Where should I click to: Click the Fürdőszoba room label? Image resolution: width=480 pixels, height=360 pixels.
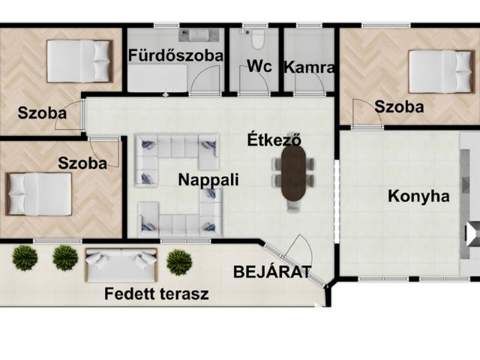point(175,55)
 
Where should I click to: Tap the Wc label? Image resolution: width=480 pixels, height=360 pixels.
point(259,66)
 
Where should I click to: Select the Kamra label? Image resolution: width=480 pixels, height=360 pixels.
point(309,67)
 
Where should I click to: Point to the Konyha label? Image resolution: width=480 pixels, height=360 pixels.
point(418,196)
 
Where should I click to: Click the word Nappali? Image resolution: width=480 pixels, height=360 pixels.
point(208,179)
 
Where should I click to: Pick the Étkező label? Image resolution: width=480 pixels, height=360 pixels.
point(274,139)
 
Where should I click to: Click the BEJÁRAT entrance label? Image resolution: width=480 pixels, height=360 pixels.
point(272,271)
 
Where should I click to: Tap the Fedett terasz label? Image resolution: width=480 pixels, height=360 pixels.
point(157,293)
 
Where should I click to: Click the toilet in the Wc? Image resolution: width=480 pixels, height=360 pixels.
point(258,39)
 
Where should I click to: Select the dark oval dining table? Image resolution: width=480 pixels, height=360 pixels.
point(293,173)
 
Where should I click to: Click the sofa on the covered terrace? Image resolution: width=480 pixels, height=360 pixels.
point(121,265)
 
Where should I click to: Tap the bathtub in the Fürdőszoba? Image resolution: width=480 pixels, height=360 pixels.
point(157,78)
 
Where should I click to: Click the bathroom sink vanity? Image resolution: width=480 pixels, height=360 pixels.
point(199,35)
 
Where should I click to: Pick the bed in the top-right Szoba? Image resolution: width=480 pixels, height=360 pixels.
point(441,72)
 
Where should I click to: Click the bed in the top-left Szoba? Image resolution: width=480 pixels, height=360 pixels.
point(80,61)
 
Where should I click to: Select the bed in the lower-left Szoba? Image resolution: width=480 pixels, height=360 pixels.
point(38,194)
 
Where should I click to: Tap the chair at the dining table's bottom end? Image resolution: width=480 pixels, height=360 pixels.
point(293,206)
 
